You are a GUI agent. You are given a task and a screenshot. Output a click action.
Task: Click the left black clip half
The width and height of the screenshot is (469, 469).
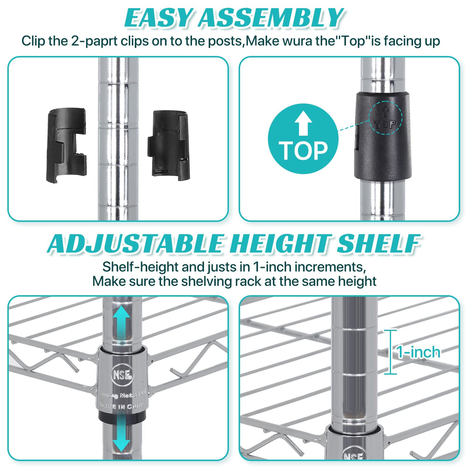pos(66,146)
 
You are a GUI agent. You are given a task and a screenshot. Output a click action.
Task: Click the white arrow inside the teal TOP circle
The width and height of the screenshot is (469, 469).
pos(303,122)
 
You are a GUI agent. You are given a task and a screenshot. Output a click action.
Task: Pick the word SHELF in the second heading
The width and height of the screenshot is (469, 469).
pos(377,244)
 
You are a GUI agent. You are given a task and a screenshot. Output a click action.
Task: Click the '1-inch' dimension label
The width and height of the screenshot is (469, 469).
pos(418,352)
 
